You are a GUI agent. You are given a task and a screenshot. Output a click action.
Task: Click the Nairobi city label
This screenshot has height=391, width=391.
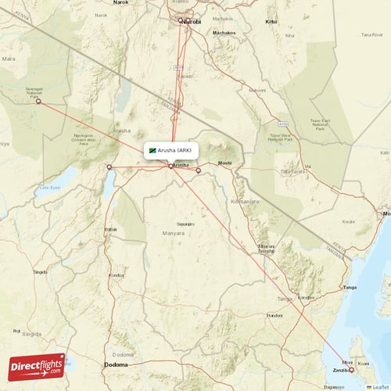192,22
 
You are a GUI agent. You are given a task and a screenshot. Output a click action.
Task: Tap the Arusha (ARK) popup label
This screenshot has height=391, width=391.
174,150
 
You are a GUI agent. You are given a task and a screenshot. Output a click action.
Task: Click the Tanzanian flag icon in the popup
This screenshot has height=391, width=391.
152,150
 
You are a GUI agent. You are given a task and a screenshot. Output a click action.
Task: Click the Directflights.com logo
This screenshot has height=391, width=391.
36,366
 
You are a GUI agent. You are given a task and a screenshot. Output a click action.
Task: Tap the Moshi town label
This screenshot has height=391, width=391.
224,163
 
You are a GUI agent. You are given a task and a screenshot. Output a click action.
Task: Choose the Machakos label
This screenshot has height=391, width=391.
224,33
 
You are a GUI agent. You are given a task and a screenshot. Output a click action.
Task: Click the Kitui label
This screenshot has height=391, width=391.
271,22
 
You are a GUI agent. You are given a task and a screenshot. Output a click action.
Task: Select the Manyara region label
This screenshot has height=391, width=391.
174,233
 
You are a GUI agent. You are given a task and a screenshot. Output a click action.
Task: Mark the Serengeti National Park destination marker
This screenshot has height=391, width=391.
38,102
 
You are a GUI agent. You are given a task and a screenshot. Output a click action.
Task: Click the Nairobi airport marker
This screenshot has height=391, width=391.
181,20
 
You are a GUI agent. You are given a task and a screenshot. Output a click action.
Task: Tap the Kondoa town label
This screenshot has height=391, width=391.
117,276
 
